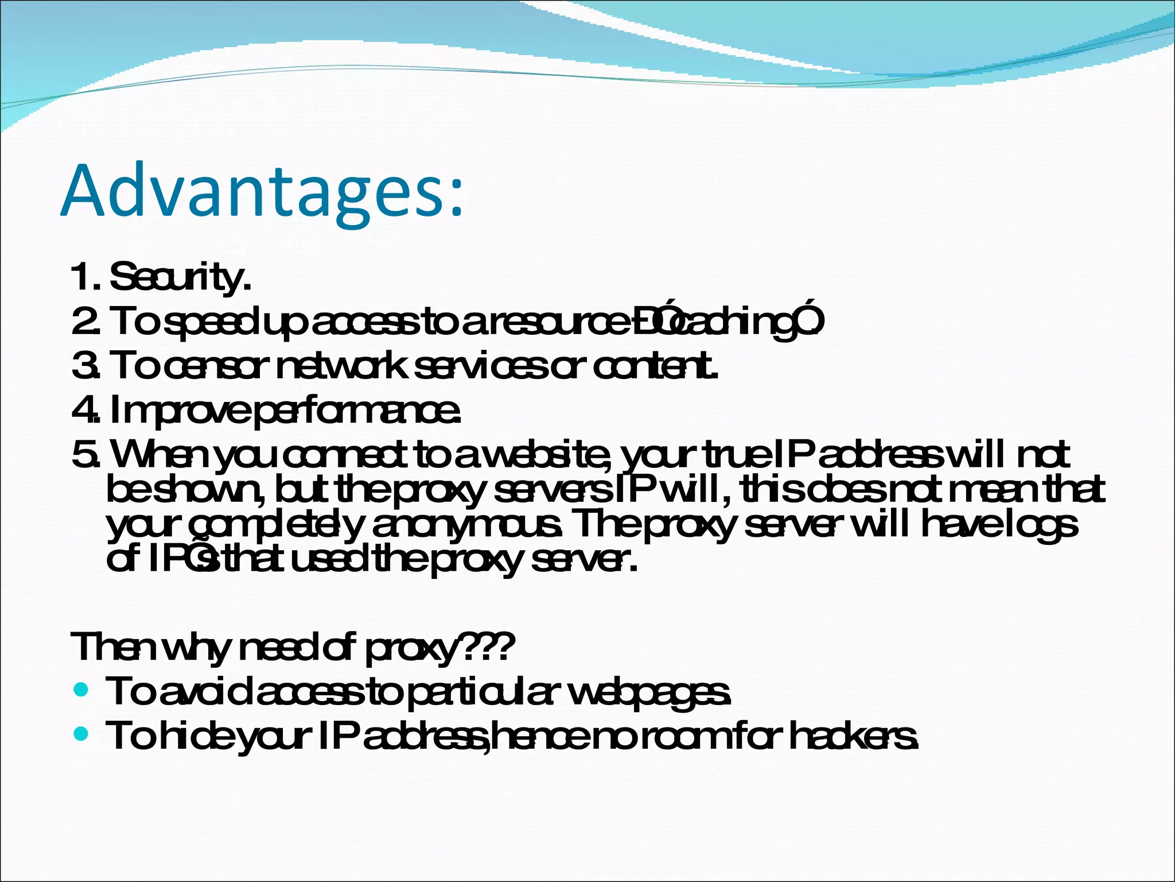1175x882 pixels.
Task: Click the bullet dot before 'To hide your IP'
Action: pyautogui.click(x=81, y=733)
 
